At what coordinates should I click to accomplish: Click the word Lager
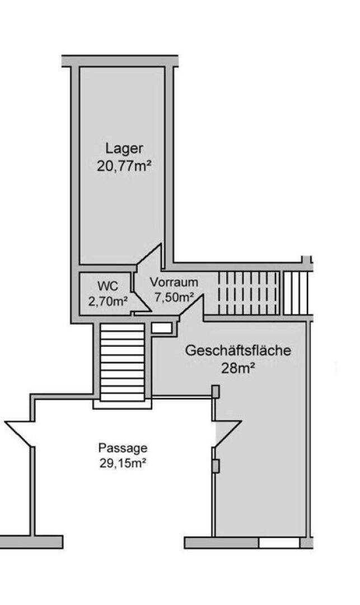click(124, 148)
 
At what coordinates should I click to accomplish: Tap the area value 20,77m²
click(124, 166)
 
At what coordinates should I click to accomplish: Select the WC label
click(108, 287)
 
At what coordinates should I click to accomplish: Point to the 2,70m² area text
click(108, 301)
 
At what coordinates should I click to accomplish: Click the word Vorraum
click(174, 282)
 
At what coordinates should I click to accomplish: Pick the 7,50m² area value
click(174, 297)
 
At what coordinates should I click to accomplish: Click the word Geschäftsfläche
click(238, 351)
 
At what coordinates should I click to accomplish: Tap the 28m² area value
click(238, 368)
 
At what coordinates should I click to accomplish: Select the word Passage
click(123, 448)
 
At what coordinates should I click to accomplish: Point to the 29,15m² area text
click(123, 463)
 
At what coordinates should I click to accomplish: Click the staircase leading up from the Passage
click(122, 362)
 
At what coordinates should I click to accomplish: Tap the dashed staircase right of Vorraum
click(248, 293)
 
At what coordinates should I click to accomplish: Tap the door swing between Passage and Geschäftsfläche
click(227, 435)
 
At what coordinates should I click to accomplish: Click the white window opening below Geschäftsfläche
click(279, 543)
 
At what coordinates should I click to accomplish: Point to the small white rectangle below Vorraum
click(161, 328)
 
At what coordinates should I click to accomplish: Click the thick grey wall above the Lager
click(120, 61)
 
